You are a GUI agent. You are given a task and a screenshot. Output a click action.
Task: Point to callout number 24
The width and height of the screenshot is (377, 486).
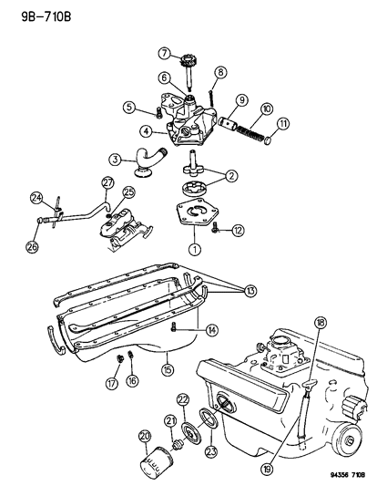[36, 197]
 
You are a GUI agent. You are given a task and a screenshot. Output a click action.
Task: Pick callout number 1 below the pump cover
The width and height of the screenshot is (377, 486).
[193, 247]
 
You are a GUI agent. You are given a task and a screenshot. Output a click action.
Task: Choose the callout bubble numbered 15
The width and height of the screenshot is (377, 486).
[168, 369]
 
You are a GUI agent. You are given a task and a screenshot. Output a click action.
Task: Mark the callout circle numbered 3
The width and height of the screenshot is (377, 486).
[116, 158]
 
